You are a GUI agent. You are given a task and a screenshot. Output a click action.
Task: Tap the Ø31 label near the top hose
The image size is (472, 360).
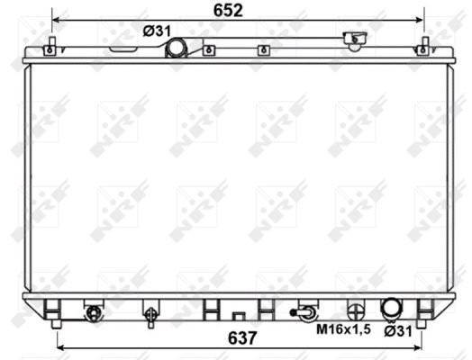[157, 31]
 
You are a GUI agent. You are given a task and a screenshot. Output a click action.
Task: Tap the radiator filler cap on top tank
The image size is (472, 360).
[355, 39]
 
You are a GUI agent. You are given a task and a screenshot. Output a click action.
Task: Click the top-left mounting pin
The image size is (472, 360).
[54, 46]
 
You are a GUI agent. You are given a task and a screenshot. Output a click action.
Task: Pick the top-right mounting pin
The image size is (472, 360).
[423, 46]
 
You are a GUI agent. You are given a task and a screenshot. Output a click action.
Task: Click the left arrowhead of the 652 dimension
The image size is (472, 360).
[57, 18]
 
